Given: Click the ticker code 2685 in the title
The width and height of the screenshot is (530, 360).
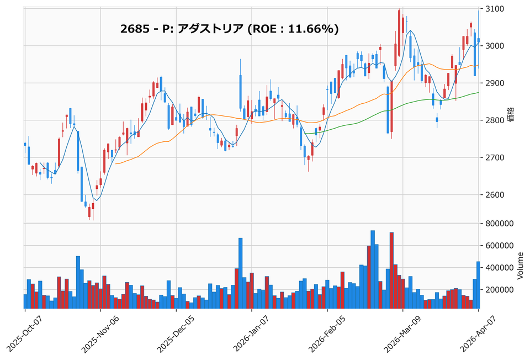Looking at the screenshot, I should coord(133,29).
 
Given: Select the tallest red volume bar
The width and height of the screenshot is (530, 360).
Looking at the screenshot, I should coord(391,271).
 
